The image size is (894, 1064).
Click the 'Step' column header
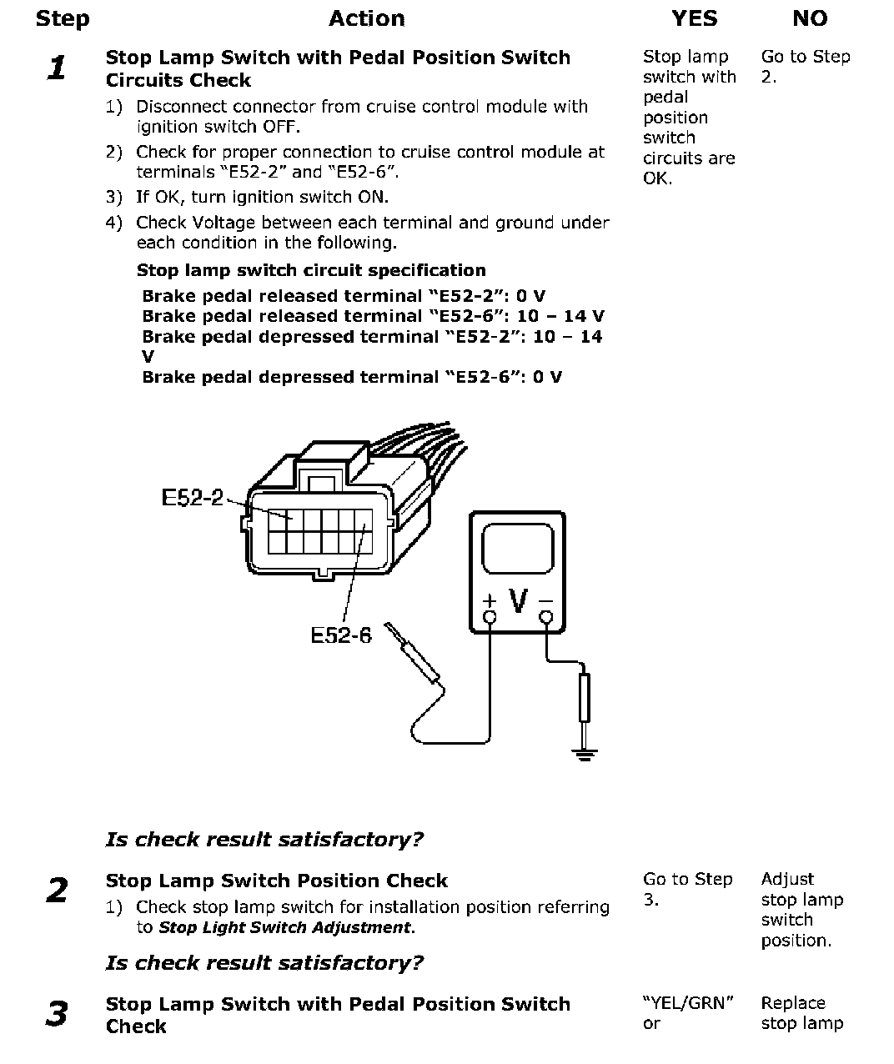[x=62, y=19]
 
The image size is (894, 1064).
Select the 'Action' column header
[x=366, y=19]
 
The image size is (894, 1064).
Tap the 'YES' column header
[x=694, y=19]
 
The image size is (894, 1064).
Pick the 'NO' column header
[x=809, y=19]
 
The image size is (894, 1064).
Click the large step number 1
[x=57, y=68]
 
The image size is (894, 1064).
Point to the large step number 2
[x=57, y=891]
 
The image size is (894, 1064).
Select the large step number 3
[x=57, y=1014]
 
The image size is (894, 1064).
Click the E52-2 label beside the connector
[x=192, y=498]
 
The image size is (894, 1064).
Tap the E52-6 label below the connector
[x=340, y=635]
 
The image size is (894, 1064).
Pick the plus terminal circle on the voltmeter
[x=490, y=617]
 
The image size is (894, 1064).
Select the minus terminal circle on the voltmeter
[x=546, y=617]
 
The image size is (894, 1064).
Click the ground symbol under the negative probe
[x=585, y=755]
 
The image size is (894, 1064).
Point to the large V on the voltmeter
[x=518, y=600]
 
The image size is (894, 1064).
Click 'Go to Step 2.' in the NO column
[x=805, y=67]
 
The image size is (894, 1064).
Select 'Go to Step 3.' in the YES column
[x=687, y=889]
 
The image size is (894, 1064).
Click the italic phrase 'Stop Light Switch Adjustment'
[x=285, y=927]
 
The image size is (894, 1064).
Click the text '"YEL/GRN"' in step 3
[x=688, y=1003]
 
